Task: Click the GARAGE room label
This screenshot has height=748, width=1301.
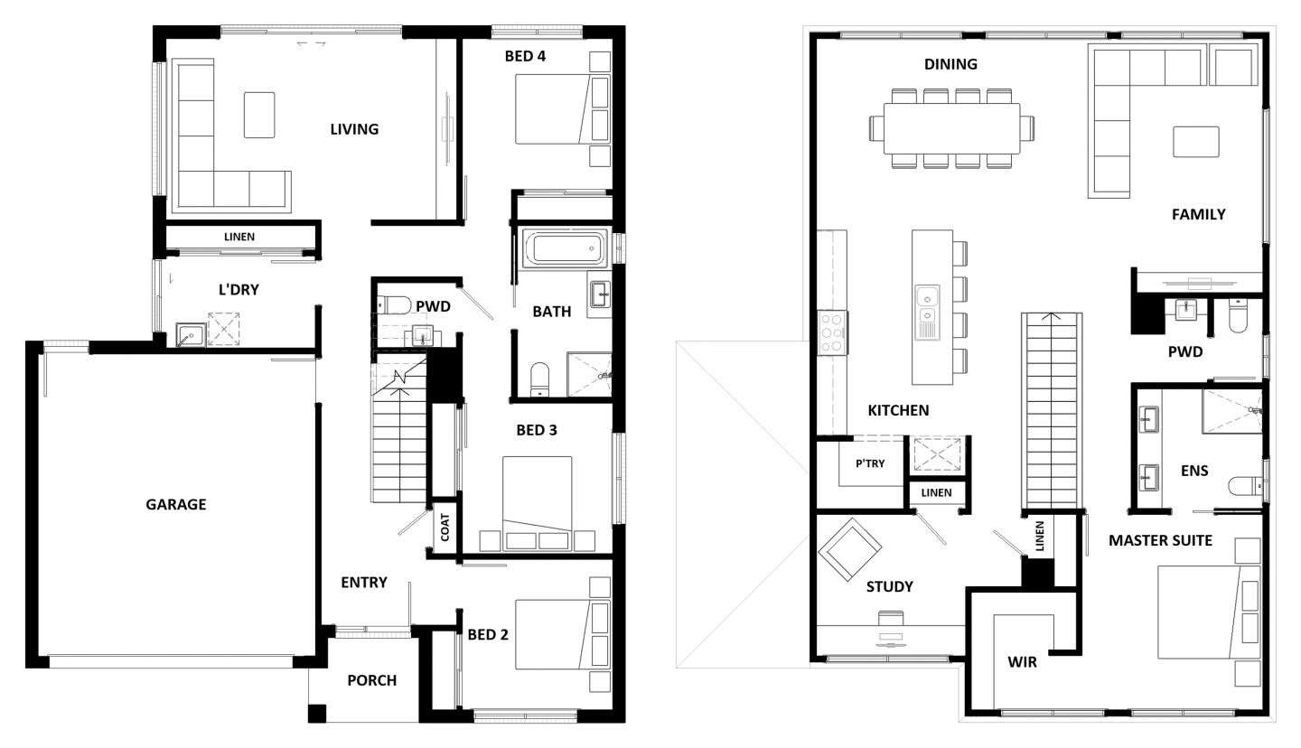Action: [175, 504]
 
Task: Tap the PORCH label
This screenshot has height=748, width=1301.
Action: [371, 680]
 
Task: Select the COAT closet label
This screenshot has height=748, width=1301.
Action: [445, 528]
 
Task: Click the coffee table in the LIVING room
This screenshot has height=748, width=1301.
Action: [259, 115]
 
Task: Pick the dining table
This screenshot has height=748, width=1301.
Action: [951, 128]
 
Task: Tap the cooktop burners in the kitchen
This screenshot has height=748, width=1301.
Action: [831, 332]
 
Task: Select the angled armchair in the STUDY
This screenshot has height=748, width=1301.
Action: [849, 549]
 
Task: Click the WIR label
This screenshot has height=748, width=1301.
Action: [1022, 662]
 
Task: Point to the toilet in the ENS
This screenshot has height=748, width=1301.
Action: [1245, 487]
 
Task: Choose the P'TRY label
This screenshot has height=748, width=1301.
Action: [870, 463]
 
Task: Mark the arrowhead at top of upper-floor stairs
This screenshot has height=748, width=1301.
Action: [1051, 317]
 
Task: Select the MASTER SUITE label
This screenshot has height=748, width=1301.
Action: [1160, 540]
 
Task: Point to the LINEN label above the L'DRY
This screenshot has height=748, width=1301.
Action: [239, 237]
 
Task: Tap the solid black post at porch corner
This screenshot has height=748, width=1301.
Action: [316, 713]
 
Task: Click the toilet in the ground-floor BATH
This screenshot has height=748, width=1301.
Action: [539, 379]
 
